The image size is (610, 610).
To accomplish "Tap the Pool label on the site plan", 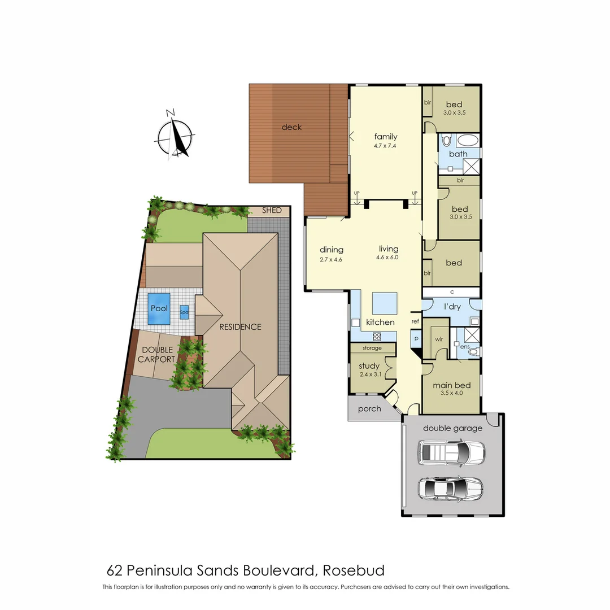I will click(159, 308).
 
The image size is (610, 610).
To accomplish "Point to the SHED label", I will click(272, 211).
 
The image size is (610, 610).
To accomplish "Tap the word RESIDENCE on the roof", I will click(241, 326).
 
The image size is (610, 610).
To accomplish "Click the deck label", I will click(291, 127).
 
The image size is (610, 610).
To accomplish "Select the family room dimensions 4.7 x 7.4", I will click(386, 145).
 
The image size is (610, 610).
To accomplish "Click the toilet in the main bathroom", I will click(446, 141).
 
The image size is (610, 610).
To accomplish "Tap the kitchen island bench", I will click(384, 302).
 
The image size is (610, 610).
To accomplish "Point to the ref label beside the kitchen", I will click(415, 321).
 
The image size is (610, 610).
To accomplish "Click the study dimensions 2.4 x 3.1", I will click(369, 374).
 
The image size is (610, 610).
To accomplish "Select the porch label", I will click(369, 408).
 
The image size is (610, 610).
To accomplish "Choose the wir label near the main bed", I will click(438, 340).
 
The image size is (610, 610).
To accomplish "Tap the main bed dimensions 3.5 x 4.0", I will click(451, 393).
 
